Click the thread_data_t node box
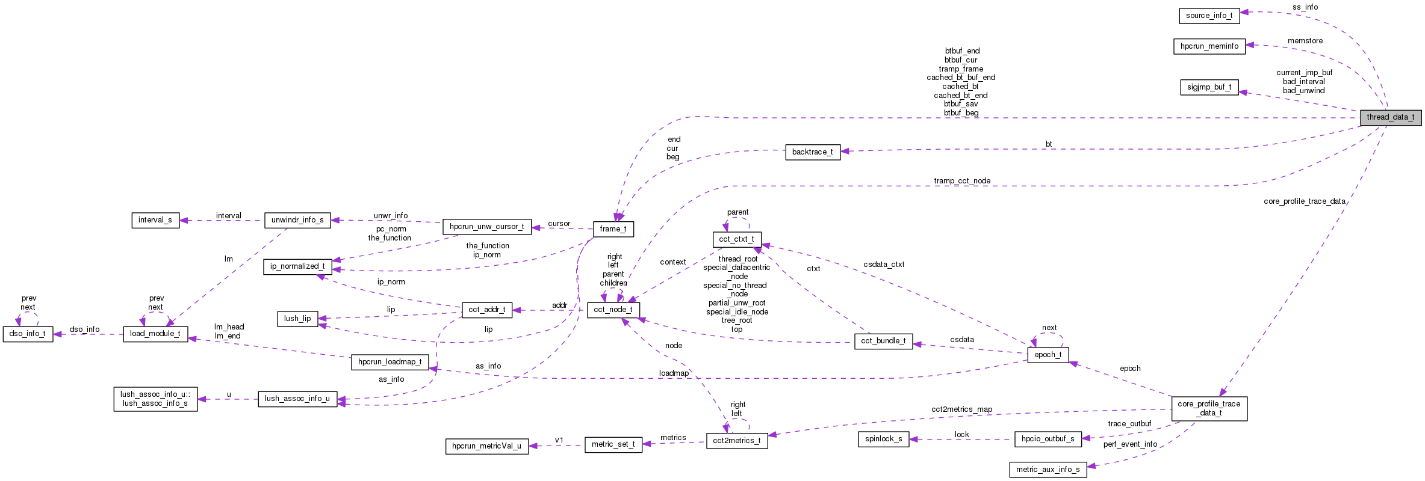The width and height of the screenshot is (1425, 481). click(1390, 117)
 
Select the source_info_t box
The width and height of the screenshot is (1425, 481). click(1209, 16)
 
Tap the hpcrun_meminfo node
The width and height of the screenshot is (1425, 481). click(1209, 46)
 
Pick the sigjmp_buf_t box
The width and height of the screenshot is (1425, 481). click(1209, 87)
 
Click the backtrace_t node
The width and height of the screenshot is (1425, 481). click(812, 152)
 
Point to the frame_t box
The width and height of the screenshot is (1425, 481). click(613, 229)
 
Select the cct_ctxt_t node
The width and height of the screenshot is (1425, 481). click(736, 239)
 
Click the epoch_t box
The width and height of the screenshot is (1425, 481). click(1048, 355)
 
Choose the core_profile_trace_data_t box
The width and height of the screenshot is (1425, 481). click(1209, 408)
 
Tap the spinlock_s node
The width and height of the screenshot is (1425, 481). click(883, 439)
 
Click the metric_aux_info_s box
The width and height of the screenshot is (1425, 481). click(1048, 470)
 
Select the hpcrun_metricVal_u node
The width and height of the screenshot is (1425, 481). click(486, 446)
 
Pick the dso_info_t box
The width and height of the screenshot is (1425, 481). click(28, 334)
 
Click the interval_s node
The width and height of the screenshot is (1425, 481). click(155, 220)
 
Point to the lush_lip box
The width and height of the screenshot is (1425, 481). click(297, 319)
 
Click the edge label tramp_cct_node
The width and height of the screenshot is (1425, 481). click(961, 181)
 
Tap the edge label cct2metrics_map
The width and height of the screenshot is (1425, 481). click(961, 409)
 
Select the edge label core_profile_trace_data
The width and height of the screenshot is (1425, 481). click(1304, 201)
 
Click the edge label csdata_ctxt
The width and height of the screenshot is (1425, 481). click(883, 265)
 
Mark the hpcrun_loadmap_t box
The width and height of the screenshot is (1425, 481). click(390, 362)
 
